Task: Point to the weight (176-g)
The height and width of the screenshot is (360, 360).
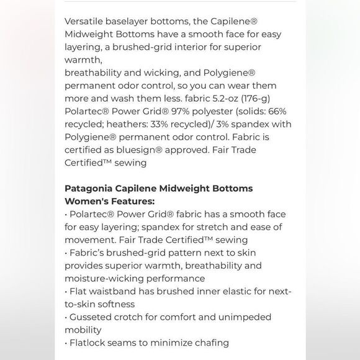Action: [254, 98]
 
